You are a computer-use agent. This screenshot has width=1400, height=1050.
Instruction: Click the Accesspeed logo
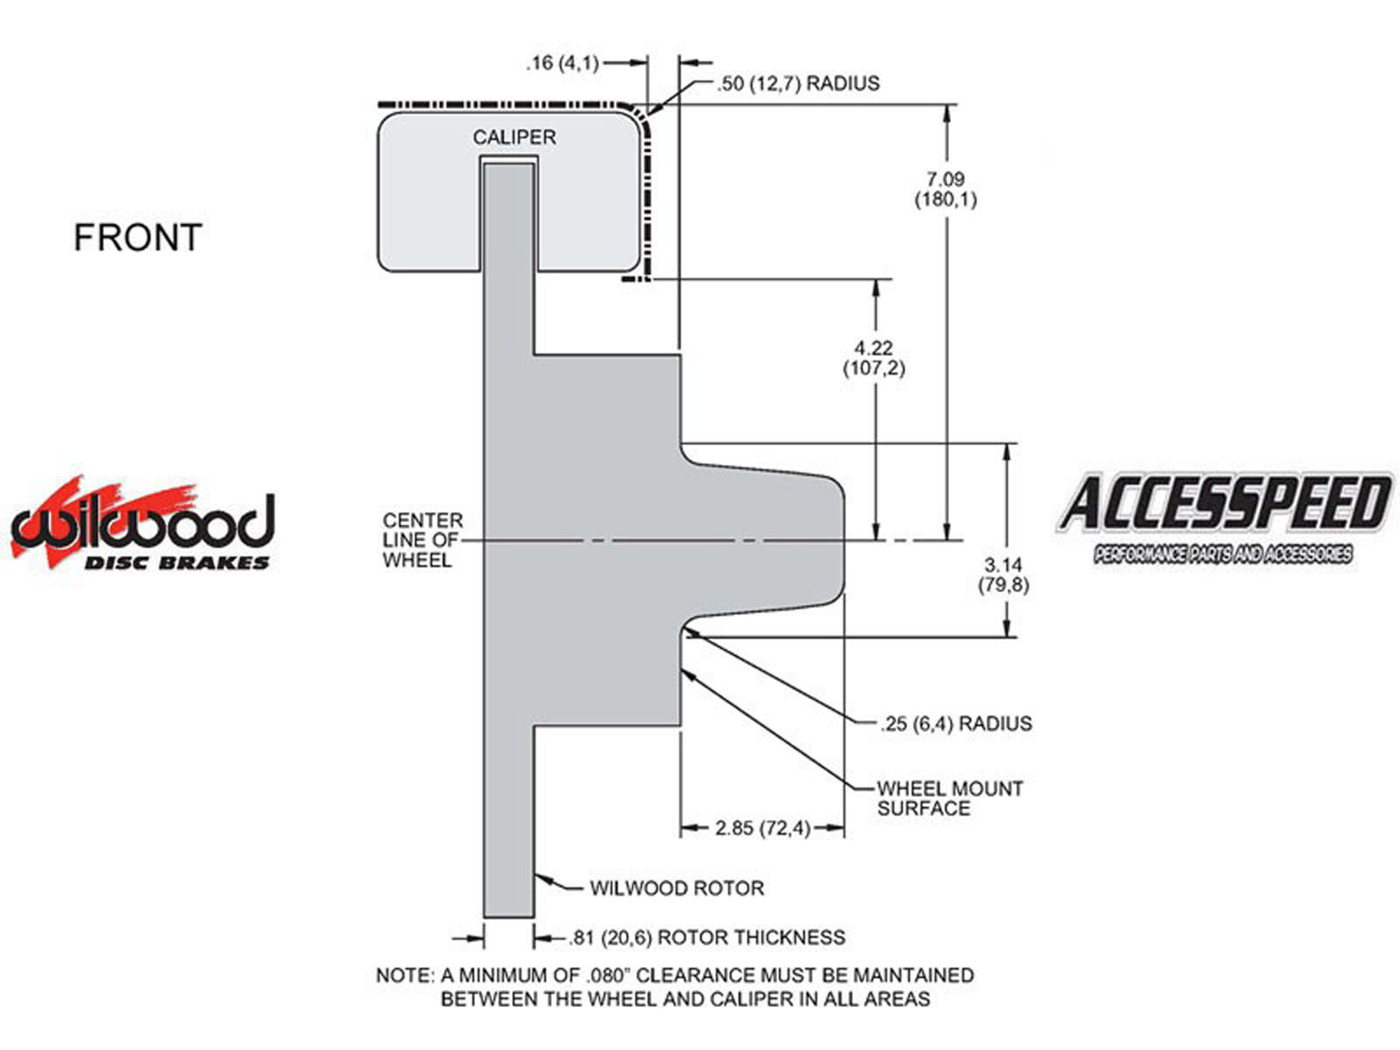pos(1223,516)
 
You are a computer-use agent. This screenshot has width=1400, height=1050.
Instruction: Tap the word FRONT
pos(137,238)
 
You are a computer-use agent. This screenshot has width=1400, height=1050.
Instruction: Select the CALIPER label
pos(514,137)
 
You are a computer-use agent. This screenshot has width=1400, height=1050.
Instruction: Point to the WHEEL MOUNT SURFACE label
pos(949,798)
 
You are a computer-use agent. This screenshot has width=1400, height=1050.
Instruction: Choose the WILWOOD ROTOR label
pos(676,888)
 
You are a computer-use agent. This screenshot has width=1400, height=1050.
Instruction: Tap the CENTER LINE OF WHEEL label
pos(422,540)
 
